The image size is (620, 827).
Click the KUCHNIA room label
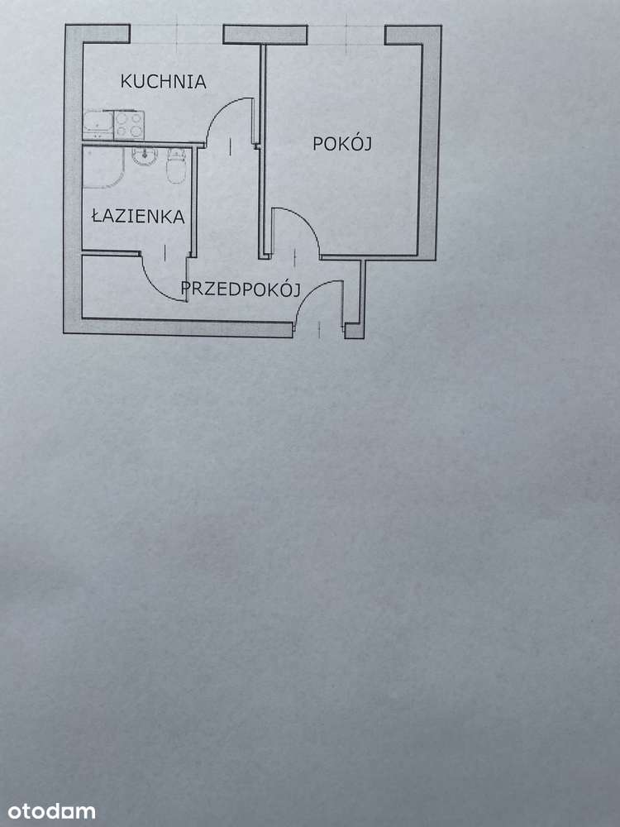pyautogui.click(x=163, y=82)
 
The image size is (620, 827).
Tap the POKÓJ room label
pyautogui.click(x=342, y=143)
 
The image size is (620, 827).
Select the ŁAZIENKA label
pyautogui.click(x=138, y=217)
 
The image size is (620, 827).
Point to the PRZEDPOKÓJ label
pyautogui.click(x=240, y=289)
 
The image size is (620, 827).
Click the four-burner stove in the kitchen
pyautogui.click(x=129, y=124)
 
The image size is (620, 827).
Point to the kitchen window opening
pyautogui.click(x=176, y=34)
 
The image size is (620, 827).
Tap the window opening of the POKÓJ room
pyautogui.click(x=346, y=34)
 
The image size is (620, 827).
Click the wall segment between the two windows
pyautogui.click(x=265, y=35)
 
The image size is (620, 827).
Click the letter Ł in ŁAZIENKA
pyautogui.click(x=96, y=217)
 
